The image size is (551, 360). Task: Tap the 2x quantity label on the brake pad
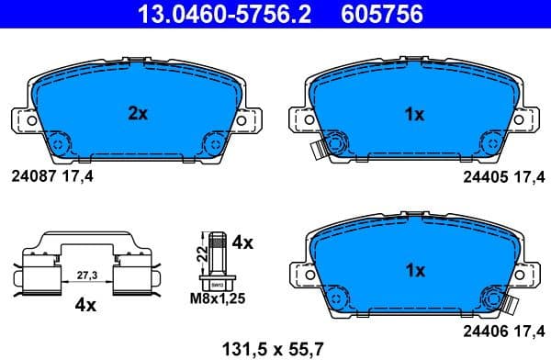click(138, 114)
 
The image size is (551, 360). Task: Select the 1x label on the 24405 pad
click(414, 114)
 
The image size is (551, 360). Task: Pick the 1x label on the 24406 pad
click(414, 271)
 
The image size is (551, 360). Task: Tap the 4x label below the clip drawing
click(84, 305)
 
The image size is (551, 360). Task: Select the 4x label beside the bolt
click(242, 243)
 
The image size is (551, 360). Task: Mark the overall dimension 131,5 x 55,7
click(275, 348)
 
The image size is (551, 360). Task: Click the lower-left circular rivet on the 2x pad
click(58, 143)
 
